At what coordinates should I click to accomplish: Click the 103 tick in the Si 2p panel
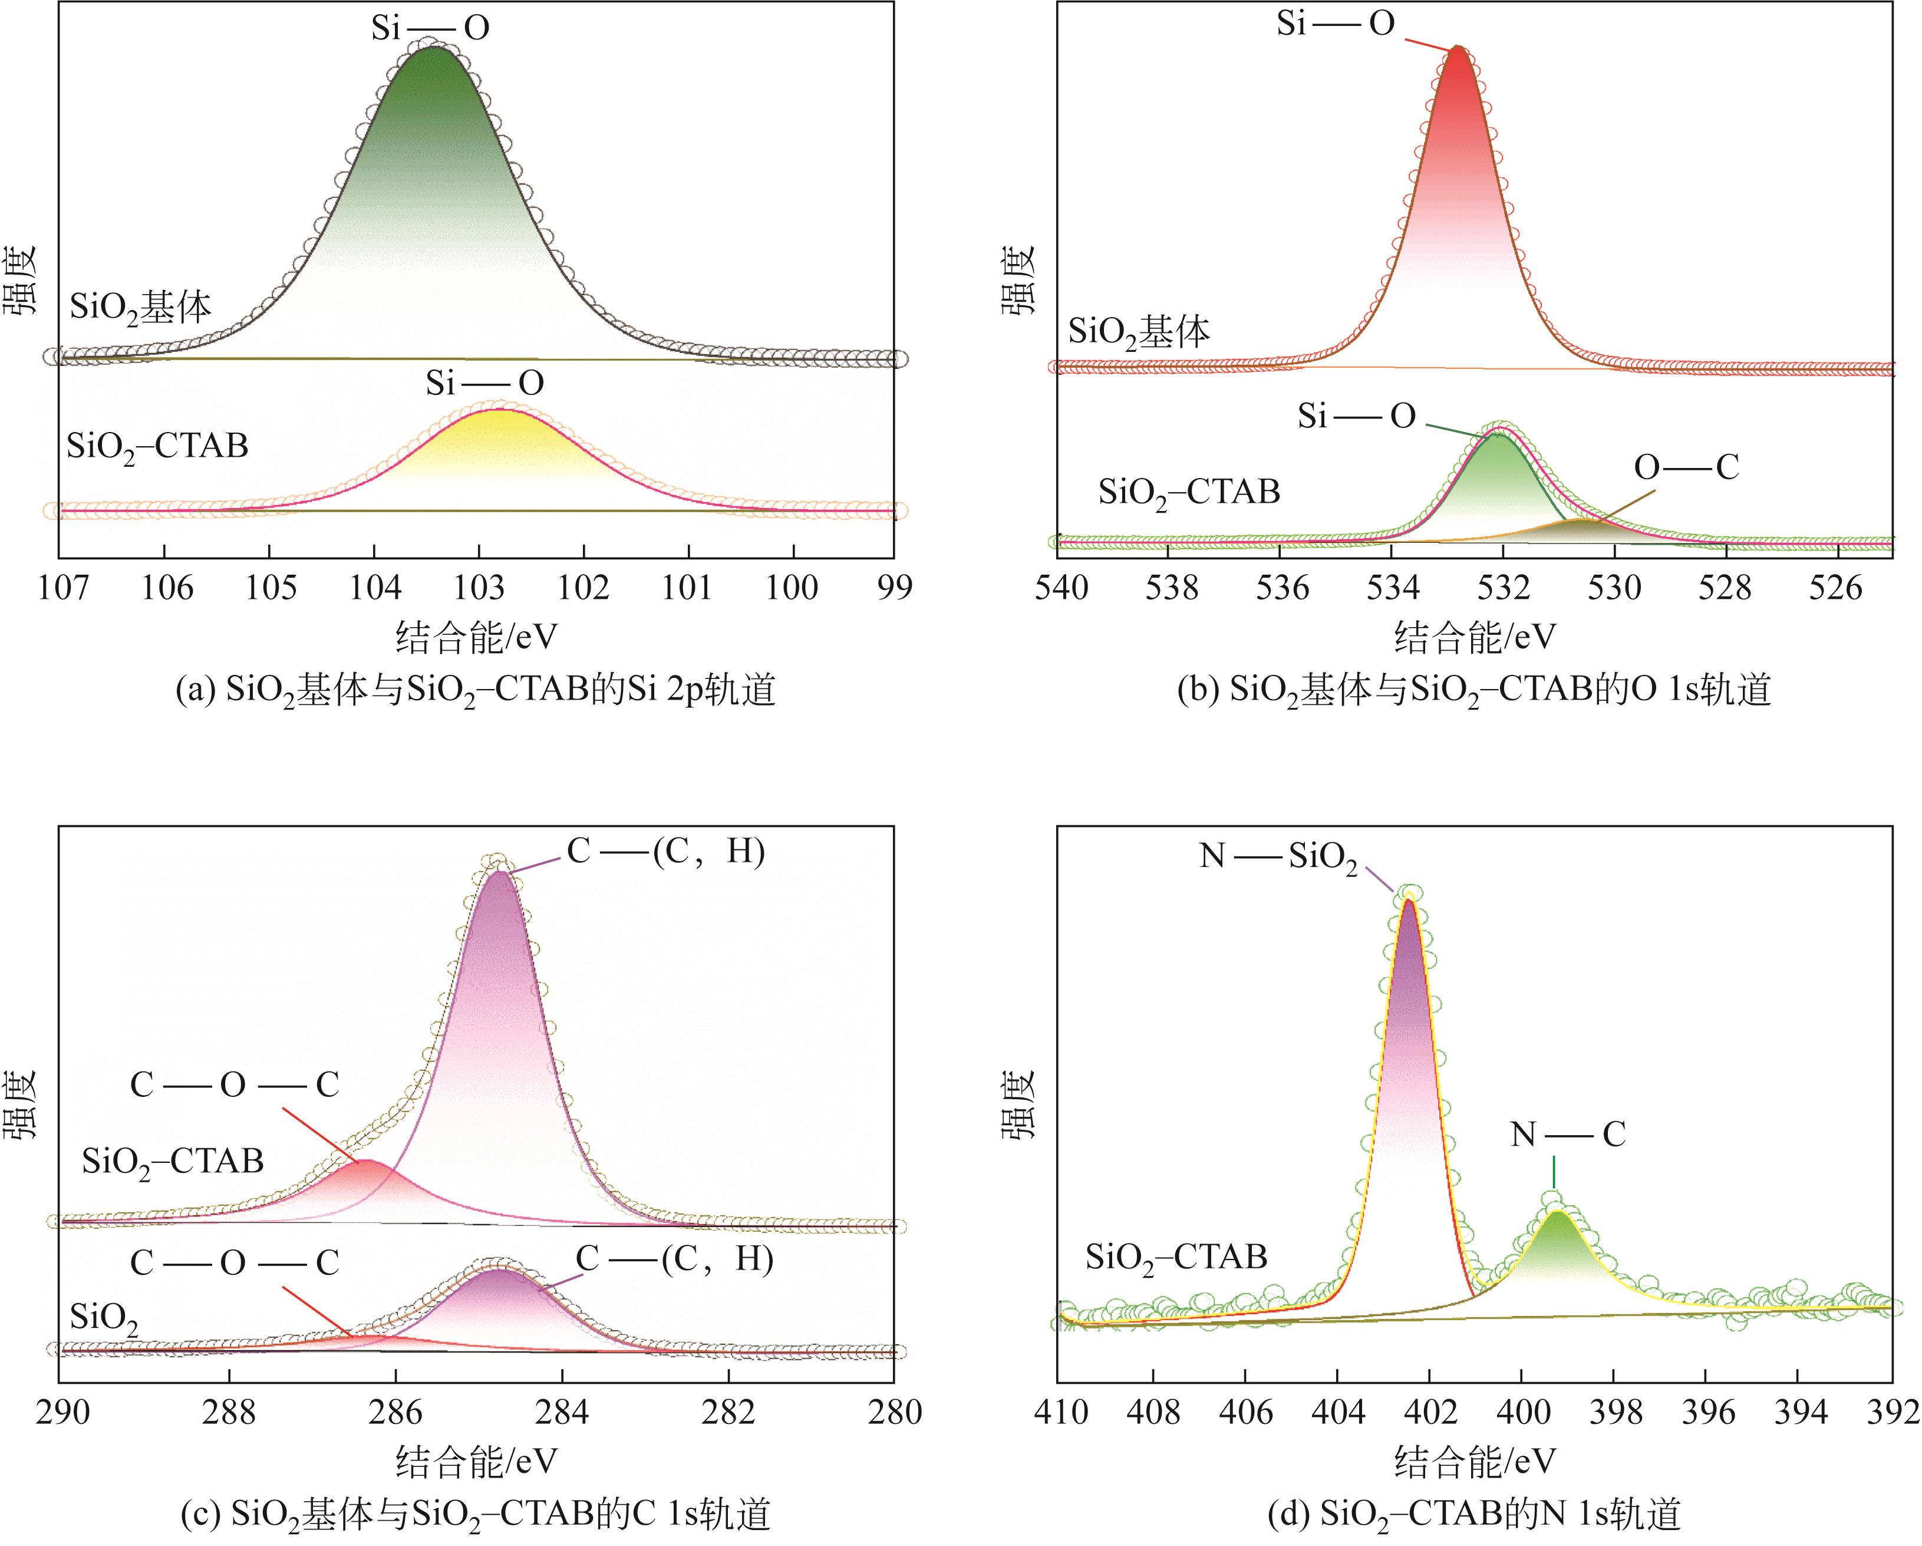tap(480, 588)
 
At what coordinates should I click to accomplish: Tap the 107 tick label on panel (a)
tap(63, 588)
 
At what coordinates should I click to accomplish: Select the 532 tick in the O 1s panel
tap(1504, 588)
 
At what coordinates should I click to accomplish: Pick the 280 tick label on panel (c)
tap(894, 1412)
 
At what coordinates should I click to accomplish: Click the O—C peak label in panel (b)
tap(1686, 467)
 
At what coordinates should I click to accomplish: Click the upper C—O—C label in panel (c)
tap(235, 1085)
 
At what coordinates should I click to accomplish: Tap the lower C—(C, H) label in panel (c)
tap(674, 1259)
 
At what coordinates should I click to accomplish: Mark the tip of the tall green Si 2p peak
tap(431, 47)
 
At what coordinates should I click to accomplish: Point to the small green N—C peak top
tap(1557, 1212)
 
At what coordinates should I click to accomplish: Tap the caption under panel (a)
tap(475, 691)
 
